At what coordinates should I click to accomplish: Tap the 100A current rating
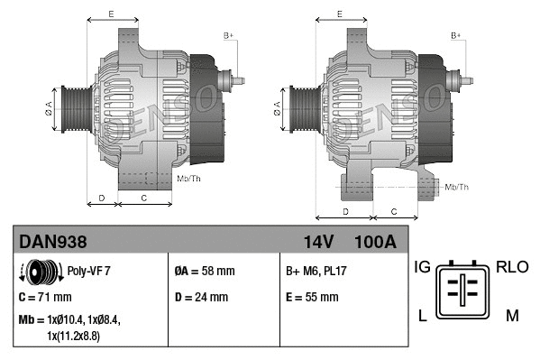(x=375, y=241)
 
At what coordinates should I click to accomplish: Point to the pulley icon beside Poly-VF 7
(x=39, y=270)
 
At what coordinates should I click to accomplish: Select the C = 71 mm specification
(x=45, y=296)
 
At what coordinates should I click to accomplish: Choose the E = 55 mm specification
(x=312, y=296)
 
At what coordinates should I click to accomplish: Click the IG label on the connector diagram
(x=422, y=267)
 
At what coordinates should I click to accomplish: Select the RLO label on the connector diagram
(x=513, y=267)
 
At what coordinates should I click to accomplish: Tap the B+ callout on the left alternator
(x=228, y=35)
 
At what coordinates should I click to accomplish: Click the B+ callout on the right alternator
(x=456, y=35)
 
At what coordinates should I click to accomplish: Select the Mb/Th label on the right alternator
(x=457, y=187)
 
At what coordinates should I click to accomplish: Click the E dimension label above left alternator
(x=111, y=14)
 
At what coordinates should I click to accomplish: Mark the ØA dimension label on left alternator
(x=49, y=107)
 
